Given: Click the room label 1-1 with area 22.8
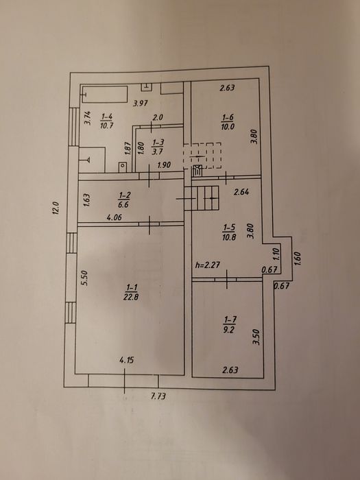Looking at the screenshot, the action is click(131, 292).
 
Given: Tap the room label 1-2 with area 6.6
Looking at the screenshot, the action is click(123, 200).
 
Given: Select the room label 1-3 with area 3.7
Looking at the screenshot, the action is click(158, 147).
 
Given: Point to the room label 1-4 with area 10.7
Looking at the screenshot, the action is click(106, 121).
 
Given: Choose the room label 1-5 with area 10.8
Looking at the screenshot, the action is click(229, 232).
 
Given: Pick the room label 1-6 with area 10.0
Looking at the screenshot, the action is click(228, 122).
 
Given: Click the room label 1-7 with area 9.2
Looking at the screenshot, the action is click(230, 324).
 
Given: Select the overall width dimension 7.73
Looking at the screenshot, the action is click(158, 396).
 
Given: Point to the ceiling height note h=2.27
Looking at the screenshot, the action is click(208, 265).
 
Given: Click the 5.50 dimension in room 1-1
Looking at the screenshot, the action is click(85, 278).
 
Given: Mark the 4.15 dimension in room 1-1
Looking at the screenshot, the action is click(126, 360).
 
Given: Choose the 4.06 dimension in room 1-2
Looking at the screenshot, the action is click(115, 217).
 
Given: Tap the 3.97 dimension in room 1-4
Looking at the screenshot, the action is click(140, 103).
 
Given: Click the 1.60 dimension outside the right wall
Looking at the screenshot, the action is click(298, 259).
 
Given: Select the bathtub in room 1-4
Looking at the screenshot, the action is click(105, 95).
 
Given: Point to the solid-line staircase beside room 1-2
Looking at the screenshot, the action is click(202, 198).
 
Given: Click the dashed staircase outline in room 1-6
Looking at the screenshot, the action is click(202, 156).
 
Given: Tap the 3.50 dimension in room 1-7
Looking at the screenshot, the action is click(256, 337).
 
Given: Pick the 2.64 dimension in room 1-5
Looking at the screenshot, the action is click(241, 192).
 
